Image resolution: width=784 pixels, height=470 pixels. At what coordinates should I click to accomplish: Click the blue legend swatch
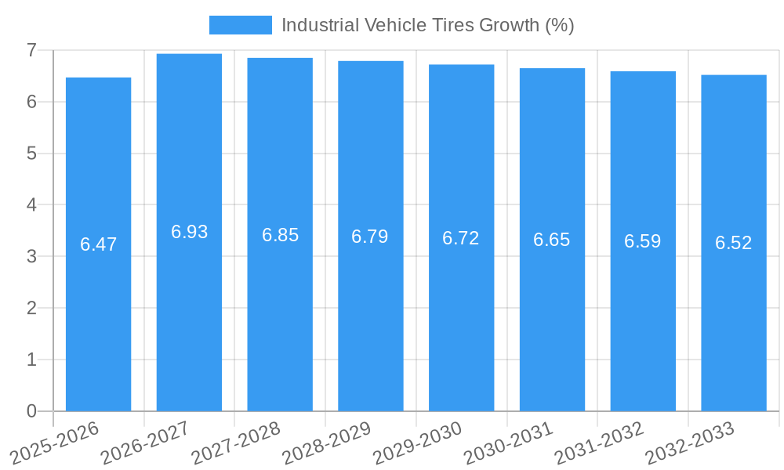pos(240,25)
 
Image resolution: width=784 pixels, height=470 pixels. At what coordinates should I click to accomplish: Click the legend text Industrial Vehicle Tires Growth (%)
pos(427,25)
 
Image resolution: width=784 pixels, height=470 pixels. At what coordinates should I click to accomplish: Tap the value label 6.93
pos(189,232)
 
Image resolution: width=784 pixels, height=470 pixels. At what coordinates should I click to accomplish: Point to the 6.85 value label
pos(280,235)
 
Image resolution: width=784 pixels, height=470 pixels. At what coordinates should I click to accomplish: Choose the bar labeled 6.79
pos(370,313)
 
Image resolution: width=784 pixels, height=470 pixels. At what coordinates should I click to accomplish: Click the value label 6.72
pos(461,238)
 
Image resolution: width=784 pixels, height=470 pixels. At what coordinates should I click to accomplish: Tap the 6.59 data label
pos(642,241)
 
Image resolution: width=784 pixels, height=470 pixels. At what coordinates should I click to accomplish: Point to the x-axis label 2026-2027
pos(147,441)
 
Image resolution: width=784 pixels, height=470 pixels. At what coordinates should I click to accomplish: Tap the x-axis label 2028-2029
pos(328,441)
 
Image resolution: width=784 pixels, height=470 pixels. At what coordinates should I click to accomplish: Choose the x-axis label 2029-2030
pos(419,441)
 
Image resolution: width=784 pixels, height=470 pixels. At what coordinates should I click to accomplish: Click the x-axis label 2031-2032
pos(600,441)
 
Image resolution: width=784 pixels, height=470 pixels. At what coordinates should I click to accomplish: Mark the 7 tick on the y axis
pos(31,50)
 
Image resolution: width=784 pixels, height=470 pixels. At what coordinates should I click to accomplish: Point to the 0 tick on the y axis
pos(31,411)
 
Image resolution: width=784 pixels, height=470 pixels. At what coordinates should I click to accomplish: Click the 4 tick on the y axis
pos(31,205)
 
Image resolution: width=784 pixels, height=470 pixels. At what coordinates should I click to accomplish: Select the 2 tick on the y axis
pos(31,308)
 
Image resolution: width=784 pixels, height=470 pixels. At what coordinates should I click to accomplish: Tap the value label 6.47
pos(98,244)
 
